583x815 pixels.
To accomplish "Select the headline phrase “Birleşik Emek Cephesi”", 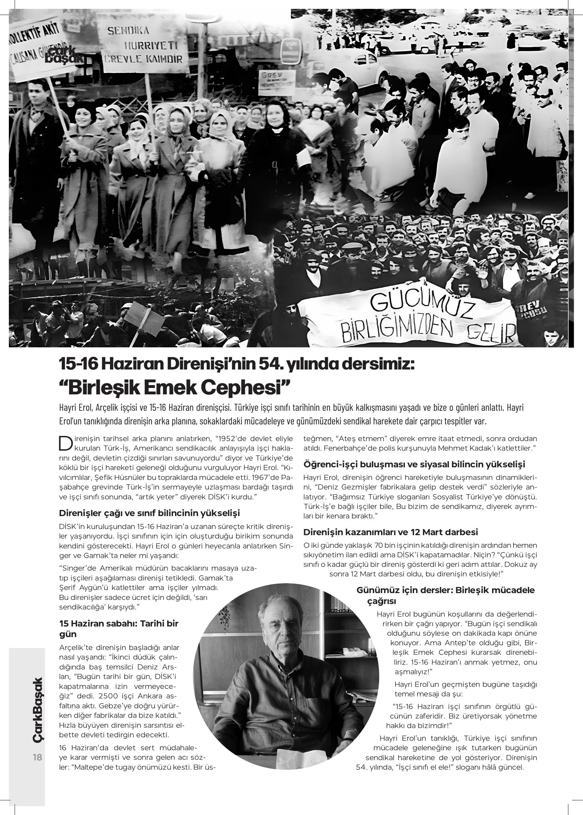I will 174,387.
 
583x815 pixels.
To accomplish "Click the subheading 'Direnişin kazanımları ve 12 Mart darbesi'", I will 391,532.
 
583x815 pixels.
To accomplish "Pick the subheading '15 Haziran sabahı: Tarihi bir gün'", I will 119,628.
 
